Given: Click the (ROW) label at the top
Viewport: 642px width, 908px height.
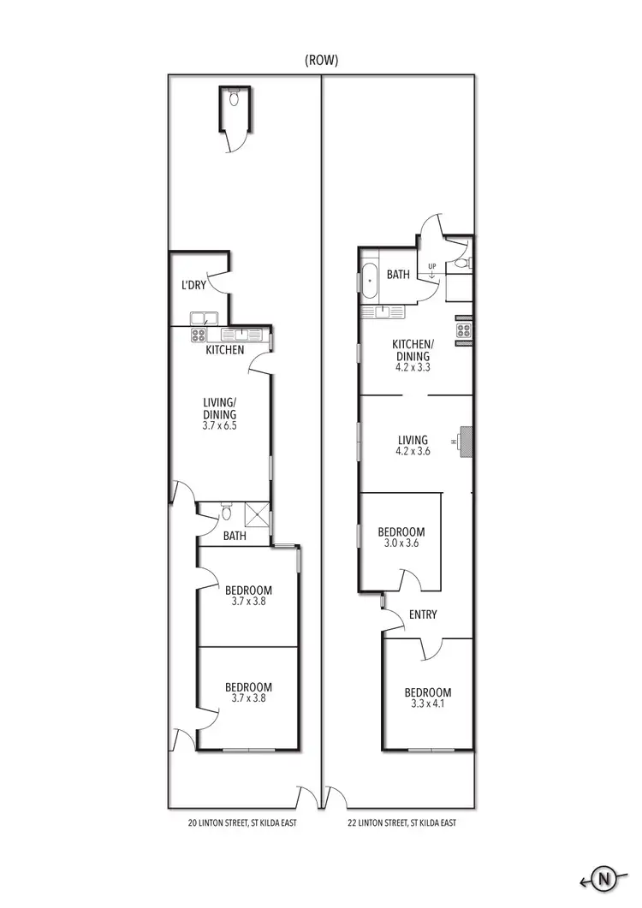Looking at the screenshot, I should pos(321,61).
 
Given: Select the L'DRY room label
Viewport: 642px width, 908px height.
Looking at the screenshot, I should pos(193,286).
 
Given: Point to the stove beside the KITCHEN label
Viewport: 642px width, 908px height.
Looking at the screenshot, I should pos(199,335).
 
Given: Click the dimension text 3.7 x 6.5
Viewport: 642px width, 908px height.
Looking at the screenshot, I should pos(219,425).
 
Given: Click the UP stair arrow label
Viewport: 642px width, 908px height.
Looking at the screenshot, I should pos(431,267).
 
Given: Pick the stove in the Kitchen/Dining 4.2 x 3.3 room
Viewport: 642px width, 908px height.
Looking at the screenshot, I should pos(465,332).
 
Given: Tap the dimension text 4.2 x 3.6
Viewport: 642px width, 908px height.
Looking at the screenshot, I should pos(413,454).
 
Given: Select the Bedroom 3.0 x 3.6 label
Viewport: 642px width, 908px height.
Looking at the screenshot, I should pos(401,537).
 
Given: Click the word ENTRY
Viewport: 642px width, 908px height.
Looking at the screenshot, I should pos(423,614).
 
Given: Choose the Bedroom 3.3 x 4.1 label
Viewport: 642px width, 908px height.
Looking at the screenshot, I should pos(427,698).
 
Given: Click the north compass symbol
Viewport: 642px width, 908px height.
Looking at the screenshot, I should pos(605,880).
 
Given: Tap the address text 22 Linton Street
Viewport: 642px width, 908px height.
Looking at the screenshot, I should pos(401,823).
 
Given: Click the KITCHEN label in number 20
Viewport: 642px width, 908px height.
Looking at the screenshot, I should pos(224,350).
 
